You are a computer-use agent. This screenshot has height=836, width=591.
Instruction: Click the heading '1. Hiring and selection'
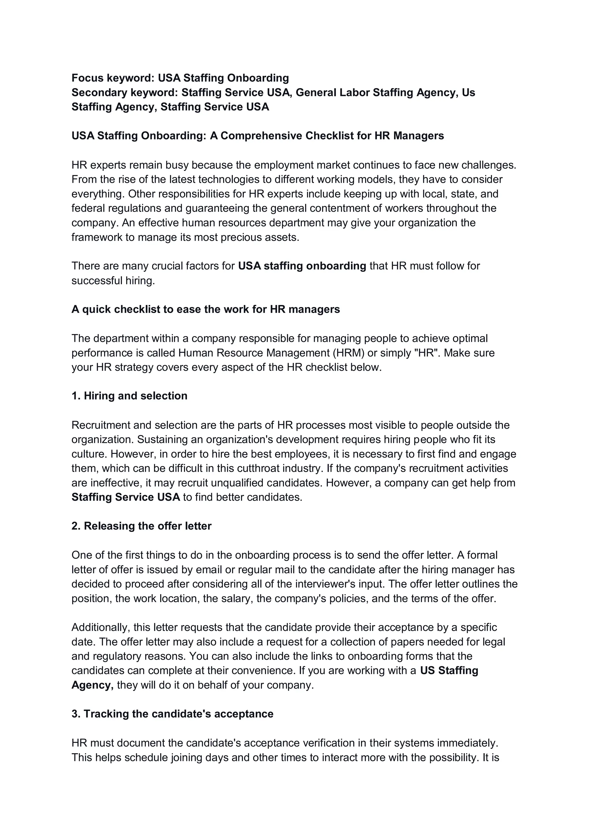click(129, 396)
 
